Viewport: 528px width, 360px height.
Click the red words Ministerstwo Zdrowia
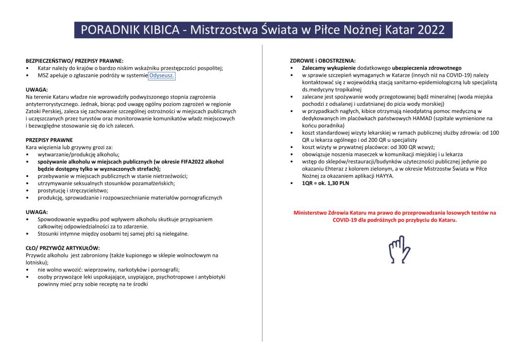click(321, 212)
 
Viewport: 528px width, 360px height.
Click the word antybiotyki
click(209, 277)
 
